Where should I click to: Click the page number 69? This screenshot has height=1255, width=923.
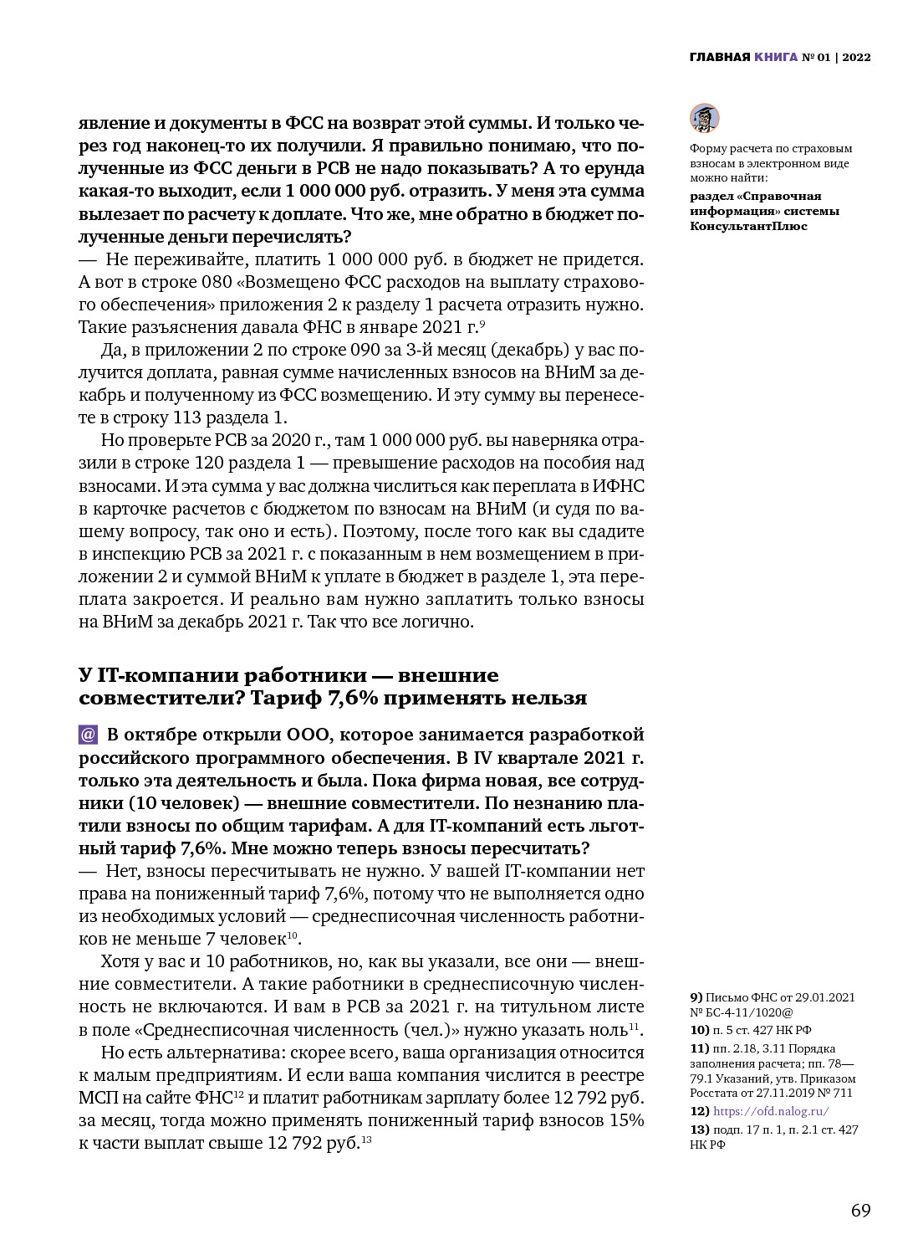click(860, 1211)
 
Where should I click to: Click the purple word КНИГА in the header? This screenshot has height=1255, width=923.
click(776, 57)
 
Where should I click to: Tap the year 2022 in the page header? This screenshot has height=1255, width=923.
click(856, 57)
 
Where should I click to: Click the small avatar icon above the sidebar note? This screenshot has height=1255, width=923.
click(704, 118)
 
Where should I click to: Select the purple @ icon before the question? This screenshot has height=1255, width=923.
click(88, 735)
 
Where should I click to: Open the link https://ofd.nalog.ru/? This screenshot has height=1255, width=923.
click(771, 1111)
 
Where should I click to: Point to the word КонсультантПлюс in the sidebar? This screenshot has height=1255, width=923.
click(748, 226)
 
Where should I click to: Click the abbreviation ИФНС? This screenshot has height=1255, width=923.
click(618, 486)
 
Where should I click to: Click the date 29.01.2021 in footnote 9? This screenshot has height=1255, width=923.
click(824, 997)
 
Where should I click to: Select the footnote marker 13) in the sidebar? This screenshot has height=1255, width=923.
click(699, 1129)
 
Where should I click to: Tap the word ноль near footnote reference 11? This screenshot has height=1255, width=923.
click(608, 1030)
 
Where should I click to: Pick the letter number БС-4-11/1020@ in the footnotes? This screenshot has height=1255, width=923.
click(751, 1012)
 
